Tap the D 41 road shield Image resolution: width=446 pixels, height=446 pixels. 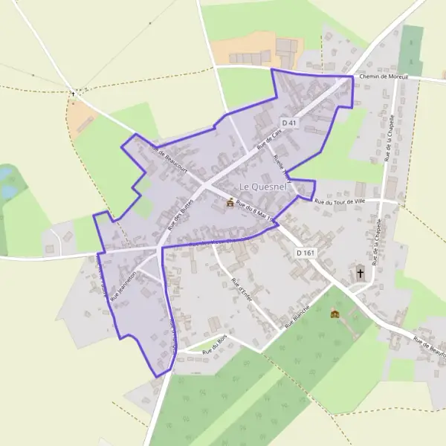tap(289, 123)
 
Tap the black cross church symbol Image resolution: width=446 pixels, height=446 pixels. tap(361, 272)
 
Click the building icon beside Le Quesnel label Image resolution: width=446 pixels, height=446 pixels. tap(230, 202)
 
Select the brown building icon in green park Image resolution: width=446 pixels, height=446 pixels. tap(334, 314)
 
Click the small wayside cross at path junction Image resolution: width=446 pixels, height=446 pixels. tap(73, 93)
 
